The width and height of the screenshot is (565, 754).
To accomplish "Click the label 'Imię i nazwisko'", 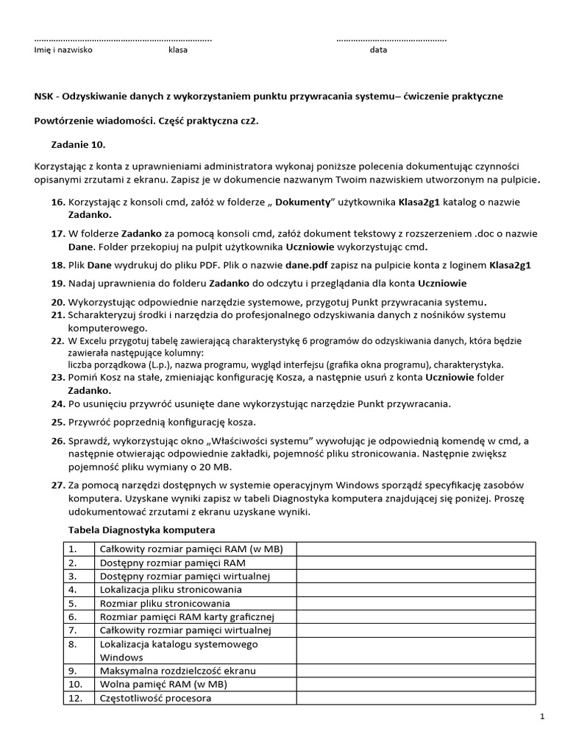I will click(x=64, y=50).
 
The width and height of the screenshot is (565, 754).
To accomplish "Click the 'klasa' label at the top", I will click(x=178, y=50).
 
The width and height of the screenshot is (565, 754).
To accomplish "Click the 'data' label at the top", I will click(x=378, y=50).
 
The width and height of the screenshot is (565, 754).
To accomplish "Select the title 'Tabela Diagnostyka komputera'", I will click(x=141, y=529).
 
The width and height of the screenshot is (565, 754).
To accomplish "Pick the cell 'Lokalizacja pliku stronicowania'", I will click(x=170, y=589).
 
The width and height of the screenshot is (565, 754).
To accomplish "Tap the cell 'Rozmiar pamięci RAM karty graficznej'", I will click(x=186, y=616).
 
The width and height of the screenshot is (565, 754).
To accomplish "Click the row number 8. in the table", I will click(x=73, y=644).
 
